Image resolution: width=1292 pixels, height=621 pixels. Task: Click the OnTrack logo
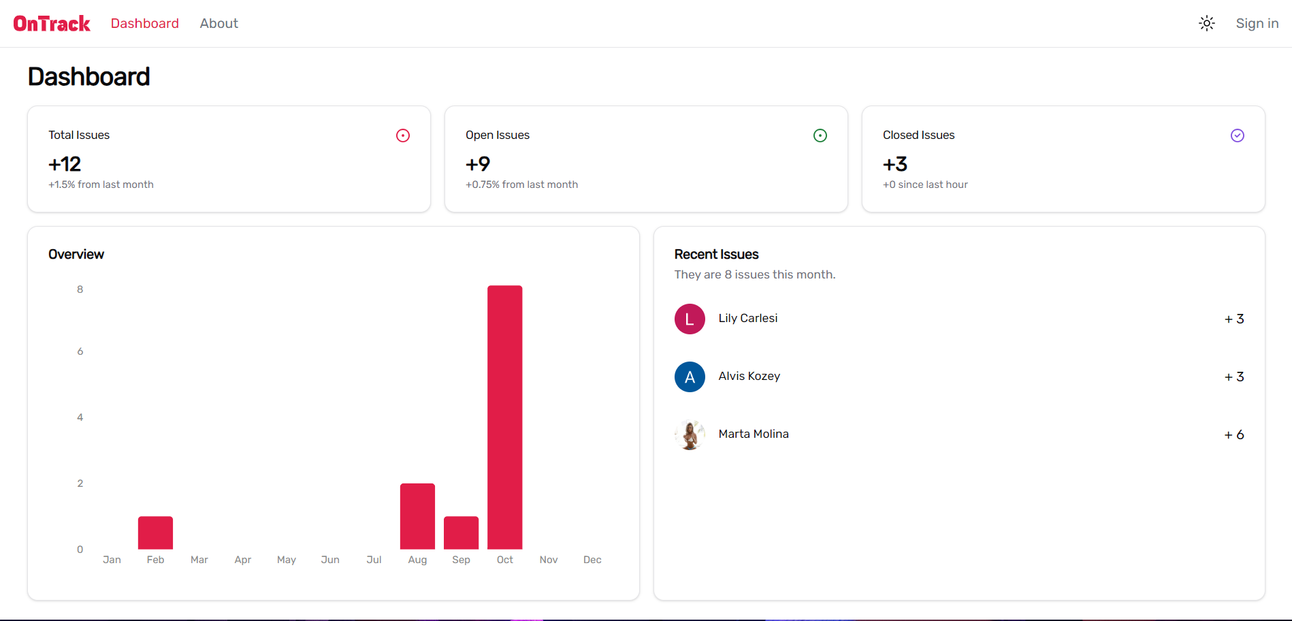pyautogui.click(x=52, y=24)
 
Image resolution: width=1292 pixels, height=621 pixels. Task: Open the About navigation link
pyautogui.click(x=219, y=24)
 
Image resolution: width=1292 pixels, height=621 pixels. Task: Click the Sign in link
pyautogui.click(x=1257, y=24)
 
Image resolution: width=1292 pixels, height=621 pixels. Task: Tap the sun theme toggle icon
pyautogui.click(x=1206, y=24)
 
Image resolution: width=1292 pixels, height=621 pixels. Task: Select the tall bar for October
pyautogui.click(x=504, y=417)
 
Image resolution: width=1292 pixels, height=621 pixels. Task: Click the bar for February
pyautogui.click(x=155, y=532)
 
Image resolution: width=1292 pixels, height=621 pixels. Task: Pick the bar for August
pyautogui.click(x=417, y=516)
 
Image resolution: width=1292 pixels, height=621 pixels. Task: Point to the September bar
pyautogui.click(x=461, y=532)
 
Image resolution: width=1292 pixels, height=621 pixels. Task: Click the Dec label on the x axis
pyautogui.click(x=592, y=560)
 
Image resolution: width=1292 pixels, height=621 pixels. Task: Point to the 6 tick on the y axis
pyautogui.click(x=80, y=351)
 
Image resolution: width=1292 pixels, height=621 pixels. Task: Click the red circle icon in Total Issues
pyautogui.click(x=403, y=136)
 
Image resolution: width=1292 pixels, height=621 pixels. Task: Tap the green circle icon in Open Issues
pyautogui.click(x=820, y=136)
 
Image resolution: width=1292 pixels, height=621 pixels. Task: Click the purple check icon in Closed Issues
pyautogui.click(x=1237, y=136)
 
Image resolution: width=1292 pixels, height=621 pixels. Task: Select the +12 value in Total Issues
pyautogui.click(x=65, y=164)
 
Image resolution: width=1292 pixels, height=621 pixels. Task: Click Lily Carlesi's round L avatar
pyautogui.click(x=690, y=319)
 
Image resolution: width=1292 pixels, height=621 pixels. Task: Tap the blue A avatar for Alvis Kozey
pyautogui.click(x=690, y=377)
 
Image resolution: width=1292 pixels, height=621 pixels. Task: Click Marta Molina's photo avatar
pyautogui.click(x=690, y=434)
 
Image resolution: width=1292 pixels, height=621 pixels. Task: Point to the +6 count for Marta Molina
pyautogui.click(x=1233, y=434)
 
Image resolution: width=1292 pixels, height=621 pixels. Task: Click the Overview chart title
pyautogui.click(x=76, y=254)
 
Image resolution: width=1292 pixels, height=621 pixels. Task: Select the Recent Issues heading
pyautogui.click(x=716, y=254)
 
